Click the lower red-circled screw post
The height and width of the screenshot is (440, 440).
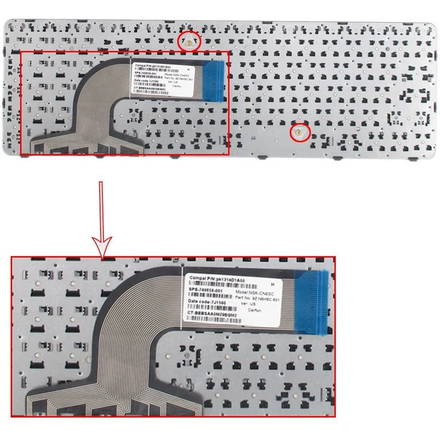(x=298, y=131)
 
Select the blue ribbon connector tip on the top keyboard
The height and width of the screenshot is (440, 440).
(x=215, y=80)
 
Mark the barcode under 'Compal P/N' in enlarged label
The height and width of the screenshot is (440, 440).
(x=212, y=285)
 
